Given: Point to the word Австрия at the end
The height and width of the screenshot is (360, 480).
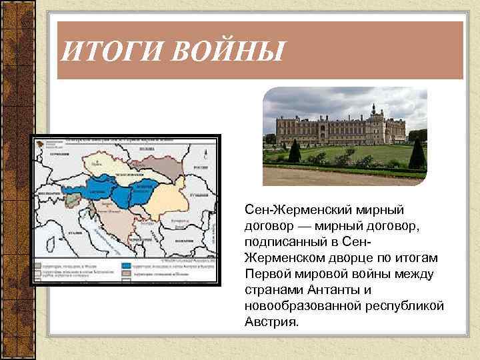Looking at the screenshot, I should pos(271,322).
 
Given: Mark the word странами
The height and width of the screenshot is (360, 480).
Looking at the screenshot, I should pos(275,290).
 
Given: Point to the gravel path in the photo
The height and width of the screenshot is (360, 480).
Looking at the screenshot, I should pos(333,177).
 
